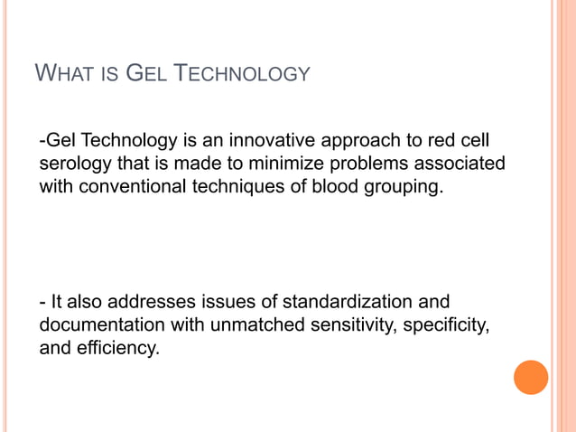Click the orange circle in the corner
531,377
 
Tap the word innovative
267,143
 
